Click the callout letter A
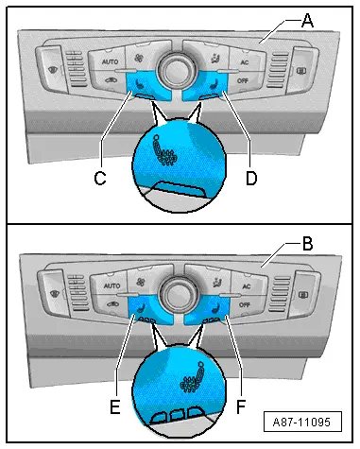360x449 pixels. tap(307, 21)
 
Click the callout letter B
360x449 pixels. tap(307, 244)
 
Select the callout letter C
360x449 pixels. tap(100, 179)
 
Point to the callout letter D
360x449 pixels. tap(251, 179)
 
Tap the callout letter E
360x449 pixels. tap(115, 406)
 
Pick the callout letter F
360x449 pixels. tap(241, 406)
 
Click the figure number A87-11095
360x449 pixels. tap(301, 422)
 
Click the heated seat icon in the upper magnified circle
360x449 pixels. tap(163, 151)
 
